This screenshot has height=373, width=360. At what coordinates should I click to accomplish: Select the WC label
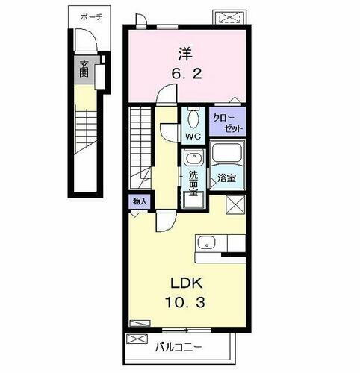(x=193, y=137)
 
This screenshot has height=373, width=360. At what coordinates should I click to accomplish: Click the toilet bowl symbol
(x=193, y=119)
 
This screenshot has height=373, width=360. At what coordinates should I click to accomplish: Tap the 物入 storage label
(x=140, y=201)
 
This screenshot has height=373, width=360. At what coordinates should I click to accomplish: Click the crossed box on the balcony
(x=136, y=339)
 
